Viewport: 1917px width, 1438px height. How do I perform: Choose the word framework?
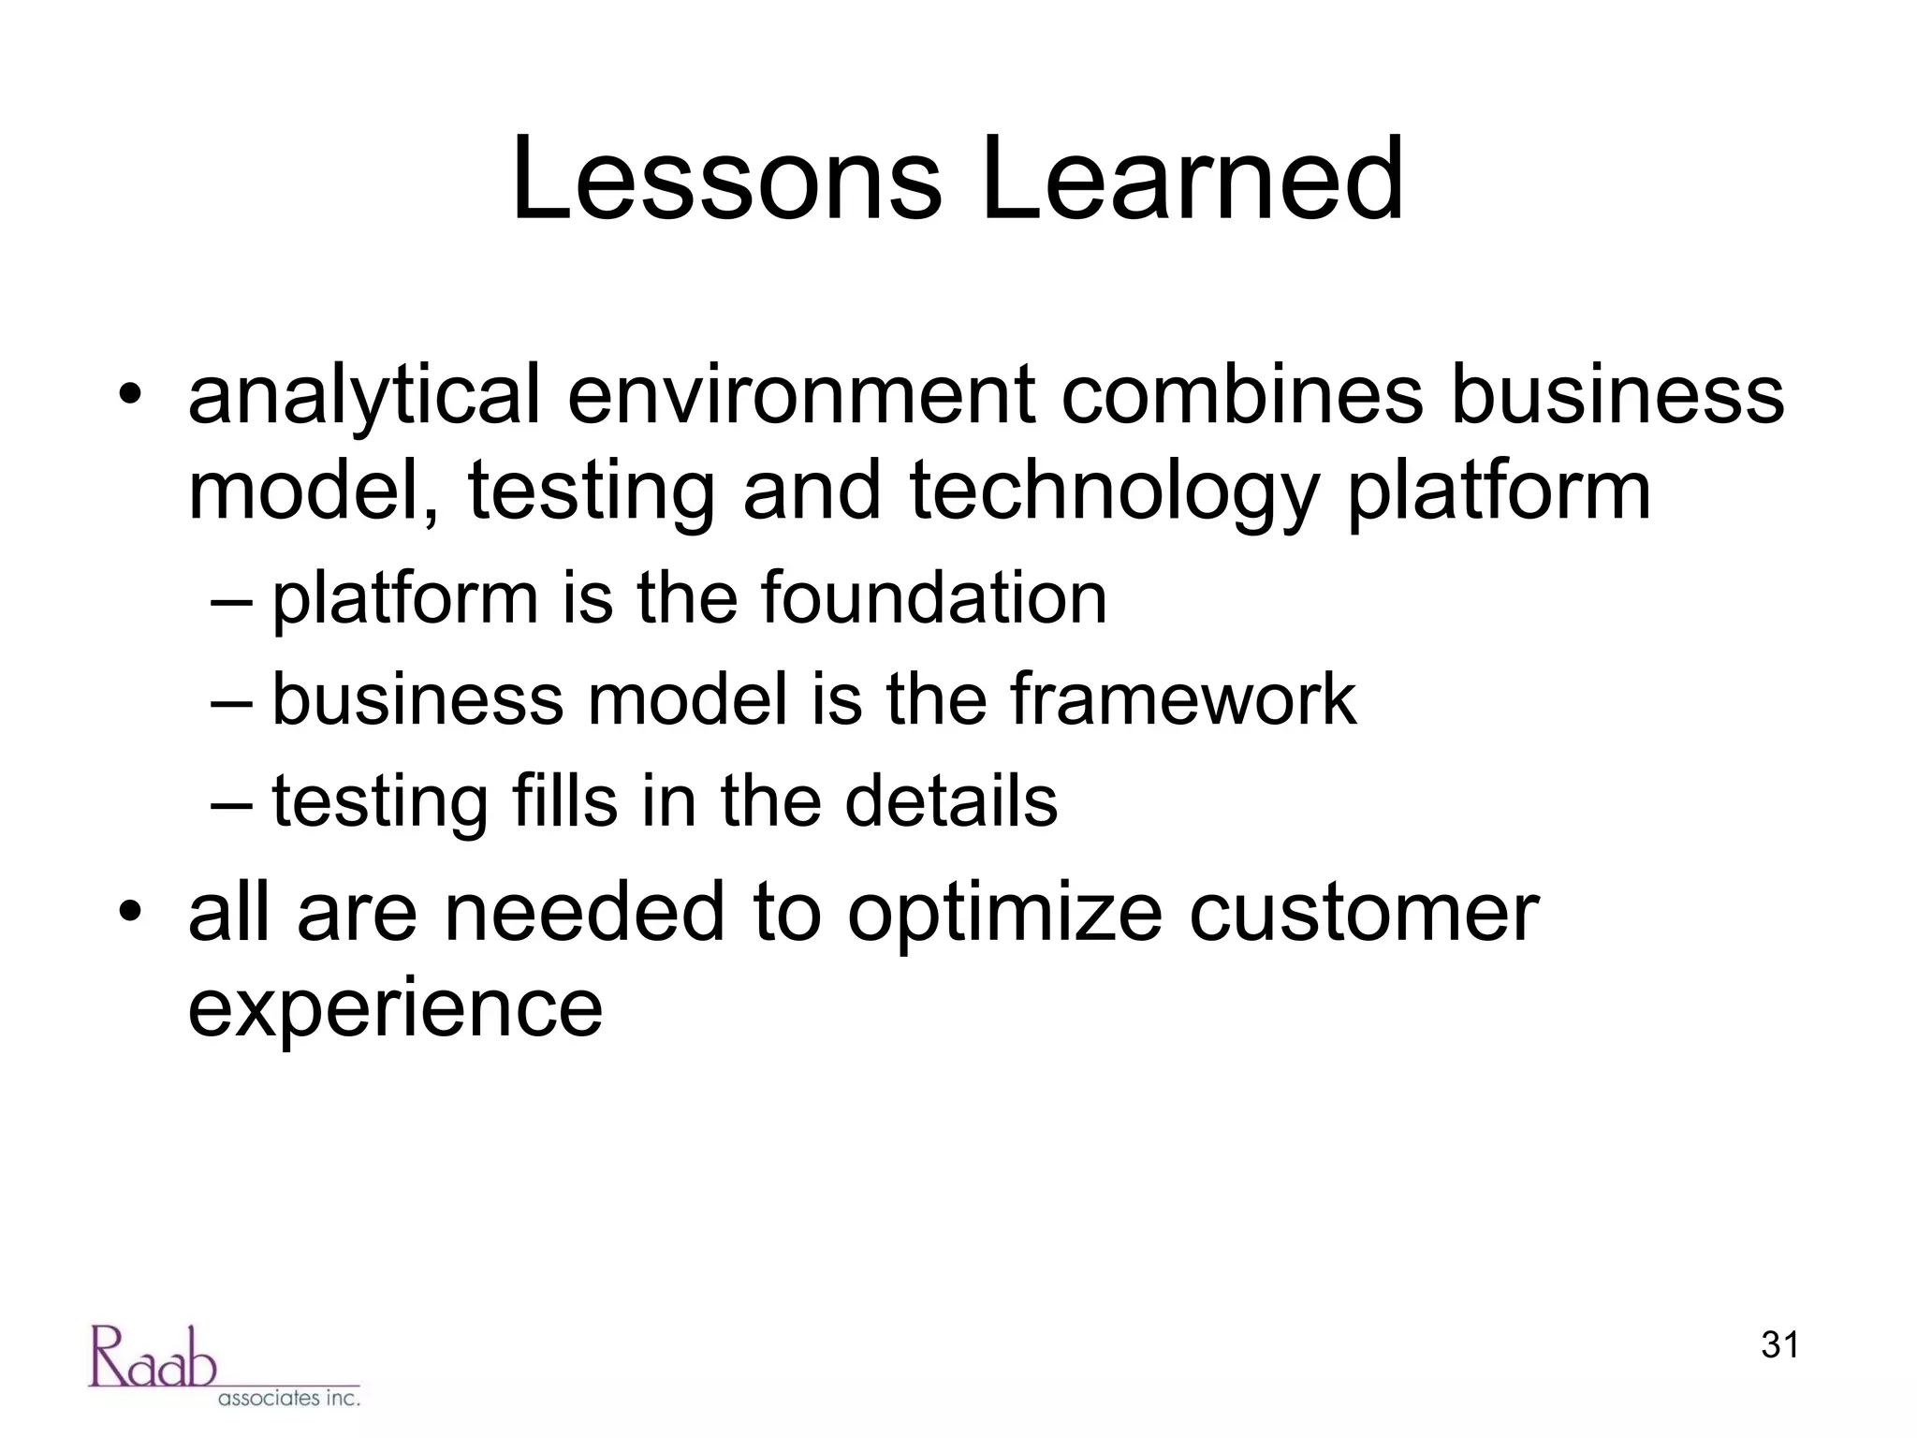coord(1182,699)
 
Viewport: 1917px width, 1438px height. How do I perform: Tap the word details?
coord(951,801)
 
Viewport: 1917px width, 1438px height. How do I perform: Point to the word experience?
coord(395,1011)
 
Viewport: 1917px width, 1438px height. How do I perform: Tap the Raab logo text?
coord(153,1357)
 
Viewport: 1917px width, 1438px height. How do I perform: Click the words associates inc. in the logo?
coord(288,1398)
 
